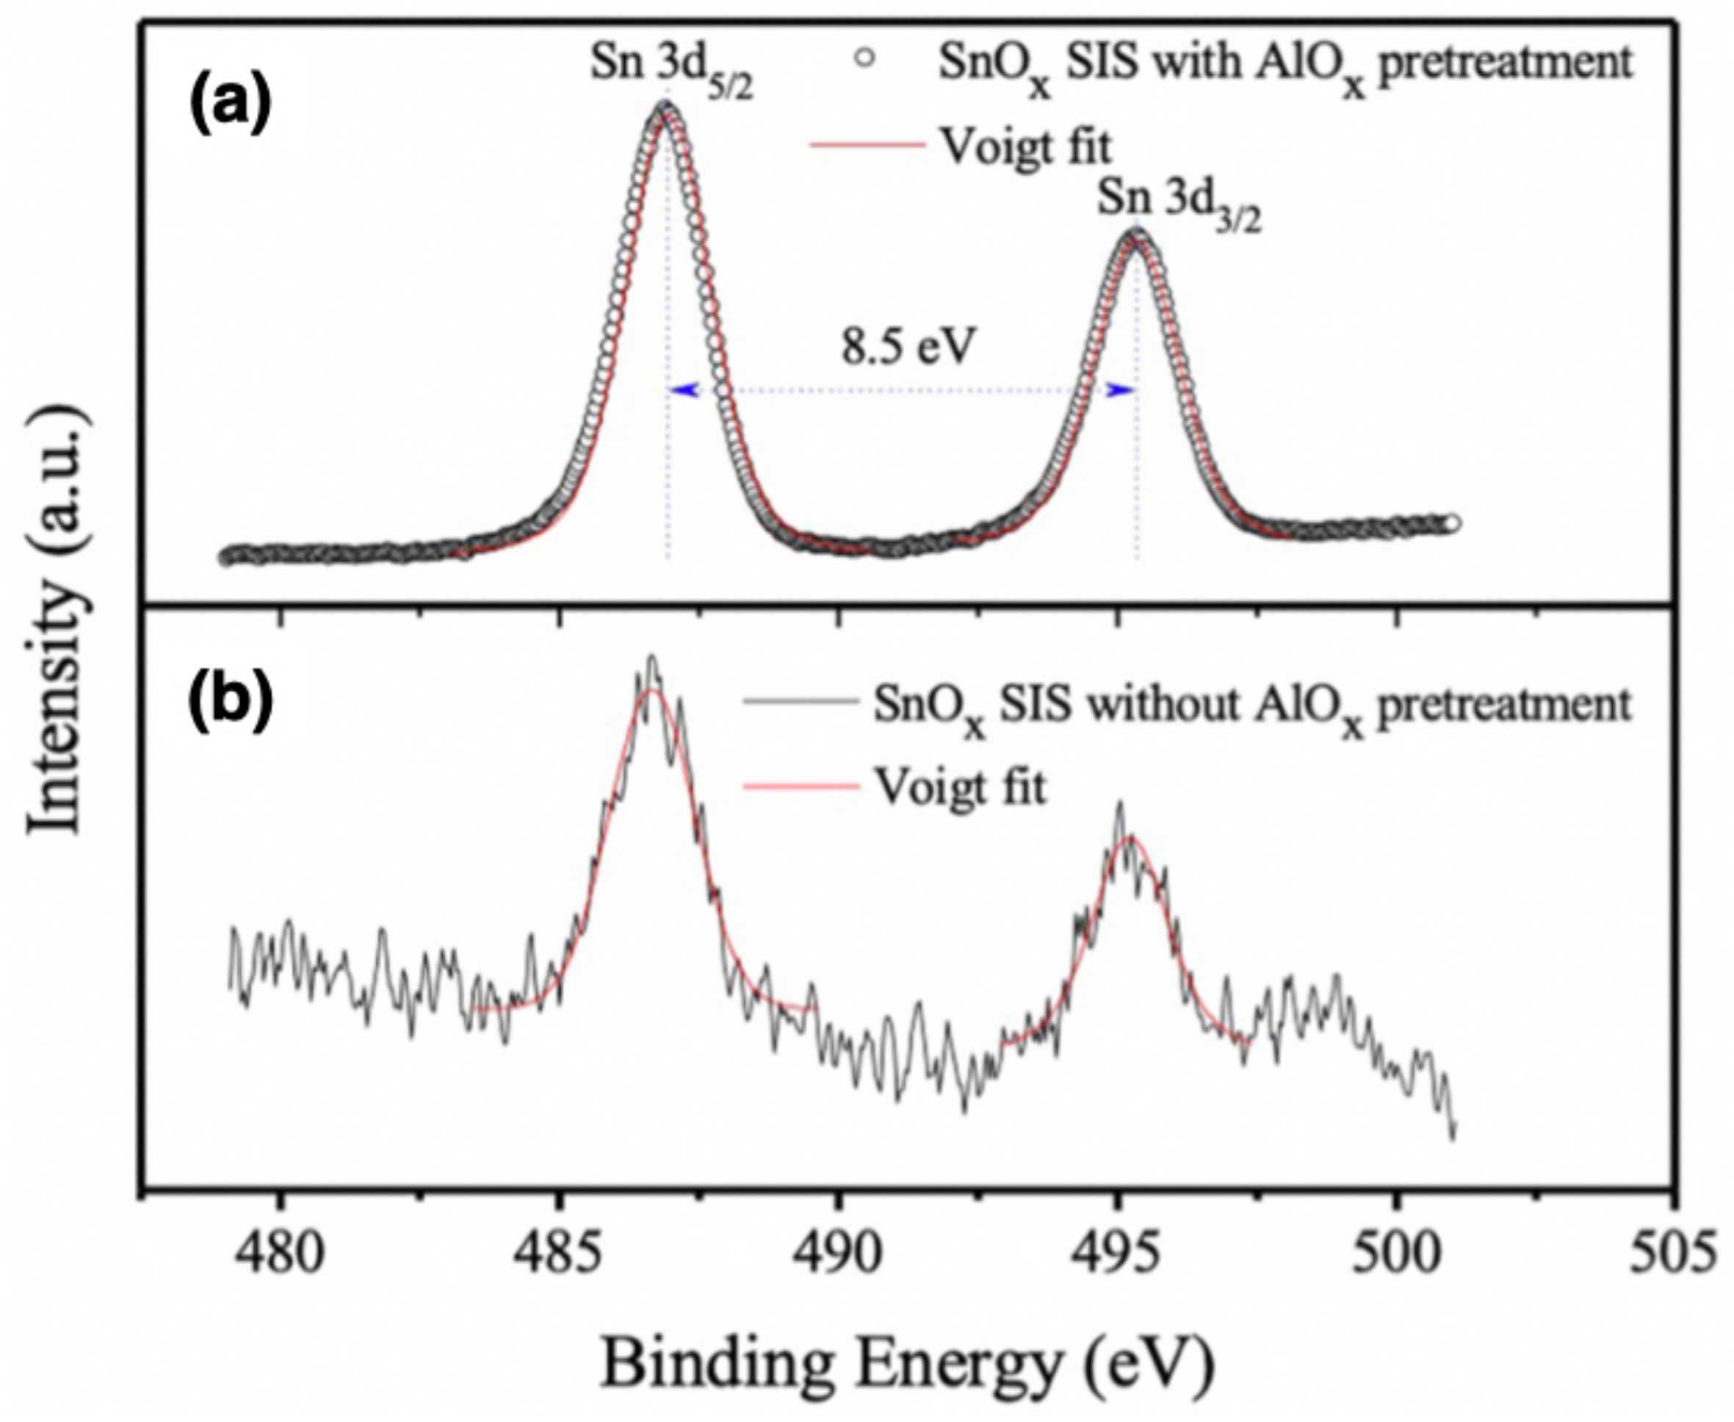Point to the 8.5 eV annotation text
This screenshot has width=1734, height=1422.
[x=908, y=348]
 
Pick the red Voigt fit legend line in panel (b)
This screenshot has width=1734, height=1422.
[x=801, y=786]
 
